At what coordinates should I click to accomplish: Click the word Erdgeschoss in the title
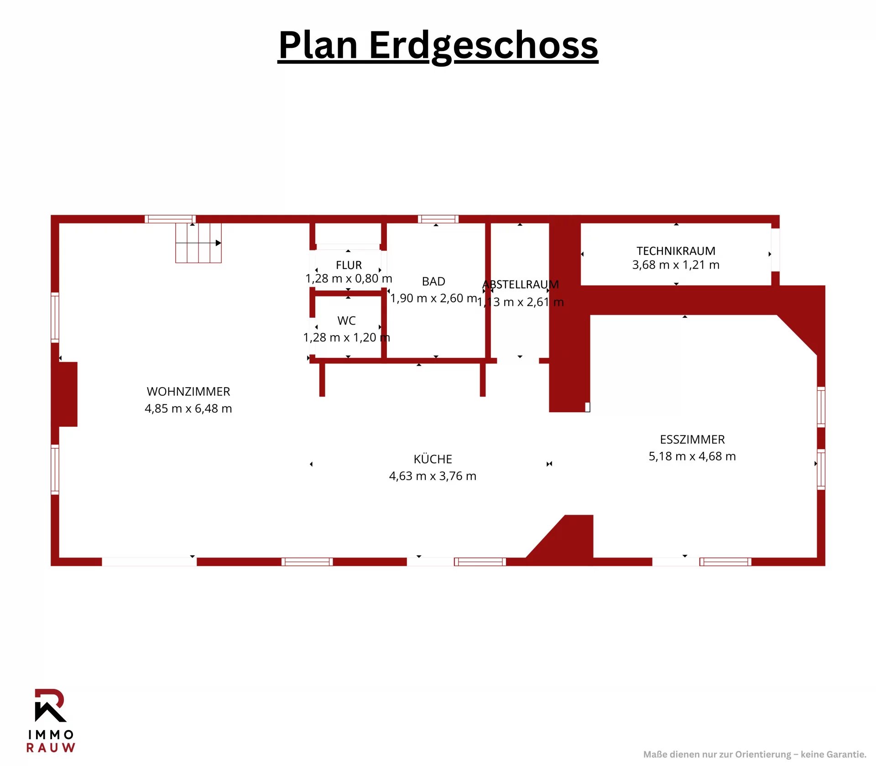point(484,46)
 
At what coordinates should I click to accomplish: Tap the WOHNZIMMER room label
point(188,392)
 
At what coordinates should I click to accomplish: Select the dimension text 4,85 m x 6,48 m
point(188,409)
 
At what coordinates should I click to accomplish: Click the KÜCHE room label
point(433,459)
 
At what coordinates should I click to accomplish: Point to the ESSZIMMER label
point(692,440)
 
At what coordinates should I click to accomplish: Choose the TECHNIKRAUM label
point(676,251)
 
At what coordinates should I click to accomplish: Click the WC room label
point(347,321)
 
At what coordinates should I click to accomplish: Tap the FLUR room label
point(349,265)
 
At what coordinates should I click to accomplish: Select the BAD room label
point(433,281)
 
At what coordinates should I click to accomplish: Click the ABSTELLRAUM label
point(521,285)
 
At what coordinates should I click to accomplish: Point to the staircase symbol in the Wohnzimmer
point(198,243)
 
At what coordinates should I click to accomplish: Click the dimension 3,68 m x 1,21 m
point(676,265)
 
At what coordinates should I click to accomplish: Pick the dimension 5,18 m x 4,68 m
point(692,456)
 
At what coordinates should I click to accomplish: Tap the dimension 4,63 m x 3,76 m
point(433,476)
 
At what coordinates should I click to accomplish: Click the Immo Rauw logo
point(51,720)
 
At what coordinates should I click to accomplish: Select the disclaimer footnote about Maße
point(755,755)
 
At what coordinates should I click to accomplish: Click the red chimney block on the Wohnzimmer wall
point(68,394)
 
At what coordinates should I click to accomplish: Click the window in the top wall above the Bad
point(438,219)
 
